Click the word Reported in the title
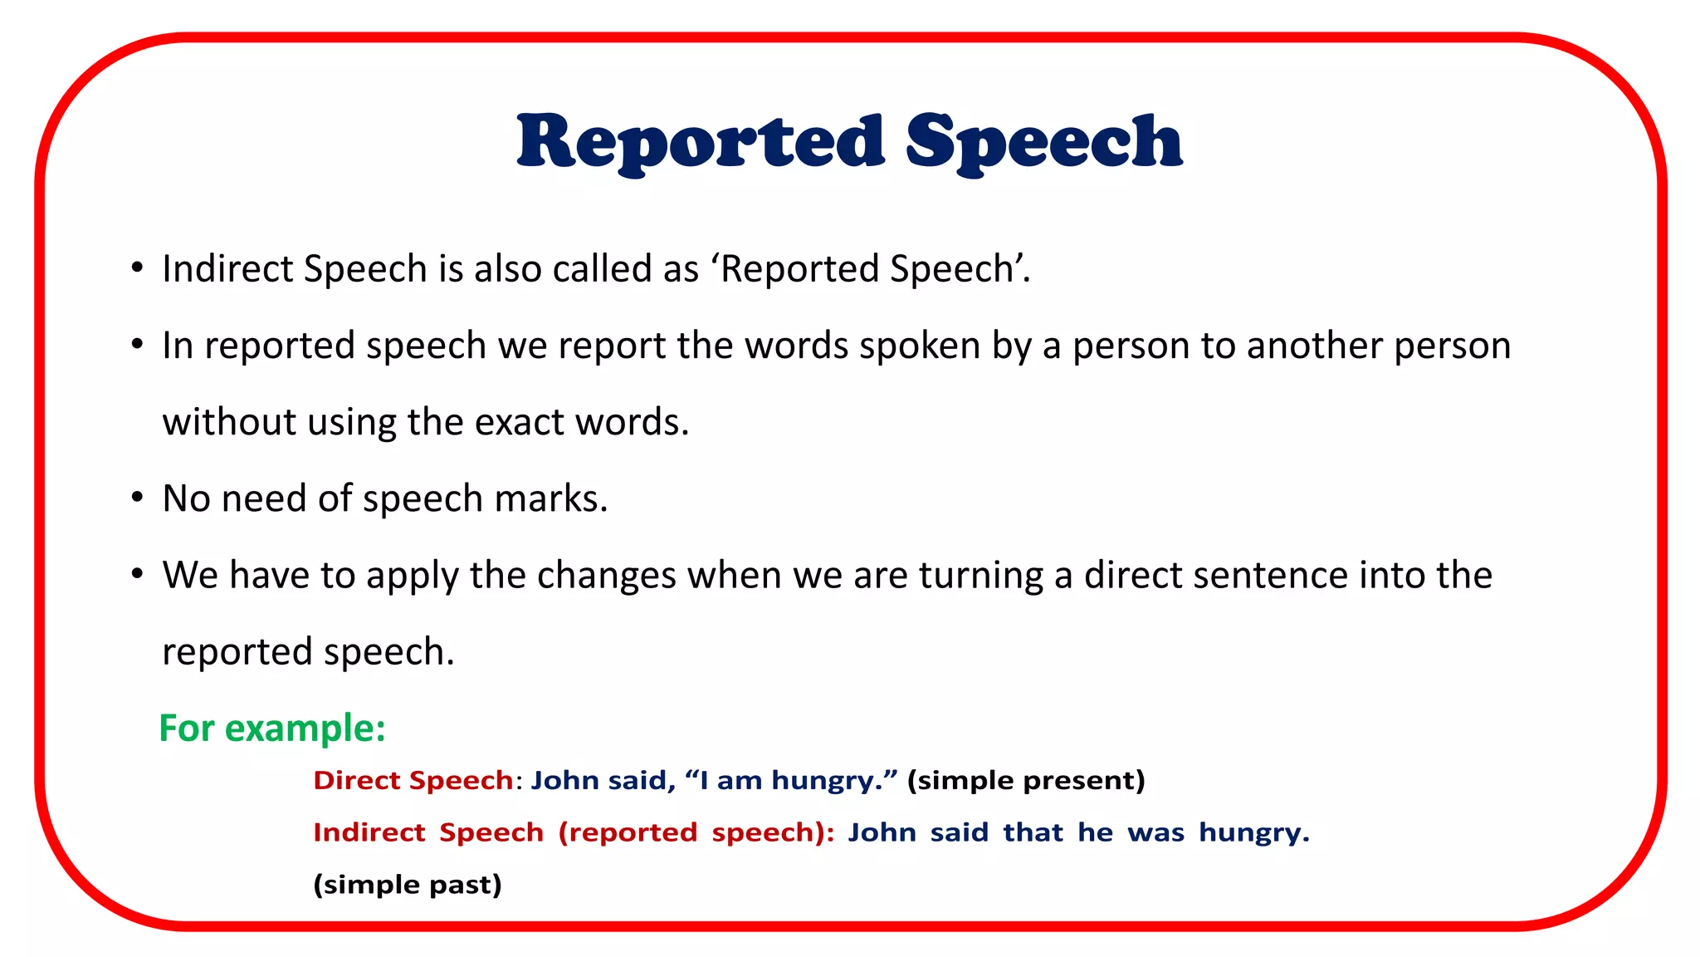pyautogui.click(x=701, y=141)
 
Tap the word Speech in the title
pyautogui.click(x=1043, y=143)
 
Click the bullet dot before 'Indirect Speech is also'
pyautogui.click(x=137, y=268)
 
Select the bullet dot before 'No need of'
pyautogui.click(x=137, y=498)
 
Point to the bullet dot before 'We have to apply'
pyautogui.click(x=137, y=575)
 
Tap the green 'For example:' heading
pyautogui.click(x=272, y=729)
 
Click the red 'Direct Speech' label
pyautogui.click(x=413, y=780)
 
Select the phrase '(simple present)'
pyautogui.click(x=1026, y=780)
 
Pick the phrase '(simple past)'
pyautogui.click(x=408, y=884)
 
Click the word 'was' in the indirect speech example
pyautogui.click(x=1155, y=832)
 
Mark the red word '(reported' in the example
pyautogui.click(x=628, y=832)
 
